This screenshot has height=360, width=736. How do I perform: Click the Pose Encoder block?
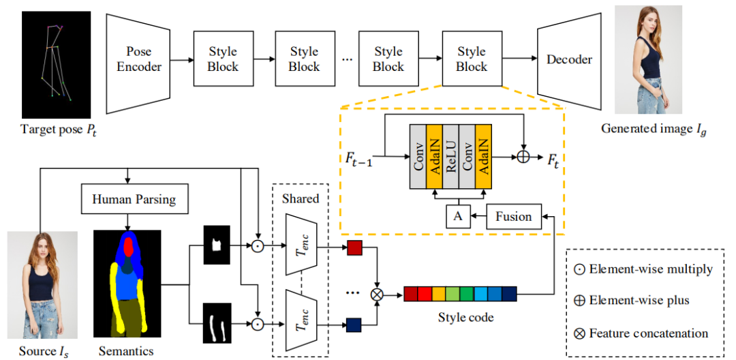coord(139,59)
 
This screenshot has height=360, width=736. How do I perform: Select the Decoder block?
coord(569,59)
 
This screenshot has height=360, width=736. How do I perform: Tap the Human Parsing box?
coord(134,199)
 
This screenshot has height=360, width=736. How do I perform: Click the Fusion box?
coord(513,217)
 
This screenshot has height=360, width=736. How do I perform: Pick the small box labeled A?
coord(457,217)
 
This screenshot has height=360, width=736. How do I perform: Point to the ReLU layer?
coord(450,157)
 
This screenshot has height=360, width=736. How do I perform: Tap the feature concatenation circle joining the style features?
coord(376,294)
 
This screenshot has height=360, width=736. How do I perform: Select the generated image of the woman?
coord(647,59)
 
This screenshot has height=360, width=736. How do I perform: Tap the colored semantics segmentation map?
coord(127,283)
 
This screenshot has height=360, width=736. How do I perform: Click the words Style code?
coord(460,317)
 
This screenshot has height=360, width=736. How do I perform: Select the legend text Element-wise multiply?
coord(651,269)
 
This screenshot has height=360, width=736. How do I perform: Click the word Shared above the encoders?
coord(300,198)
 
